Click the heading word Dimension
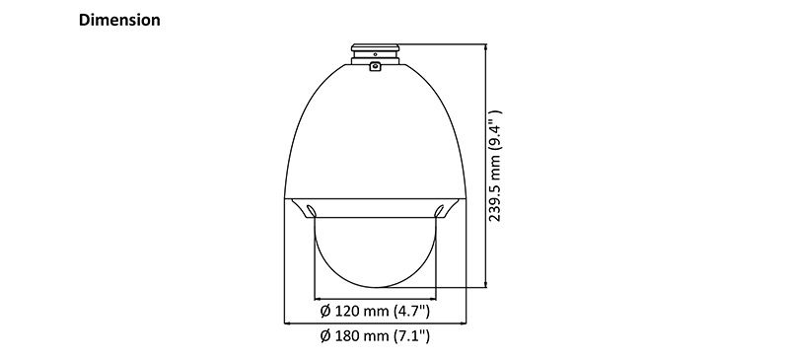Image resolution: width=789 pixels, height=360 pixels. point(119,20)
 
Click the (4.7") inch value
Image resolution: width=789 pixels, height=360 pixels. point(411,311)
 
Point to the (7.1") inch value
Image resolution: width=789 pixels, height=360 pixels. point(411,334)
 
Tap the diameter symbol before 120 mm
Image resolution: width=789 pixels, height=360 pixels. point(326,311)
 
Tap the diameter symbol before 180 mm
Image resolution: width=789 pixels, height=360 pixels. point(326,335)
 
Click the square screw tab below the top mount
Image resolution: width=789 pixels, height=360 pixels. point(375,66)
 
